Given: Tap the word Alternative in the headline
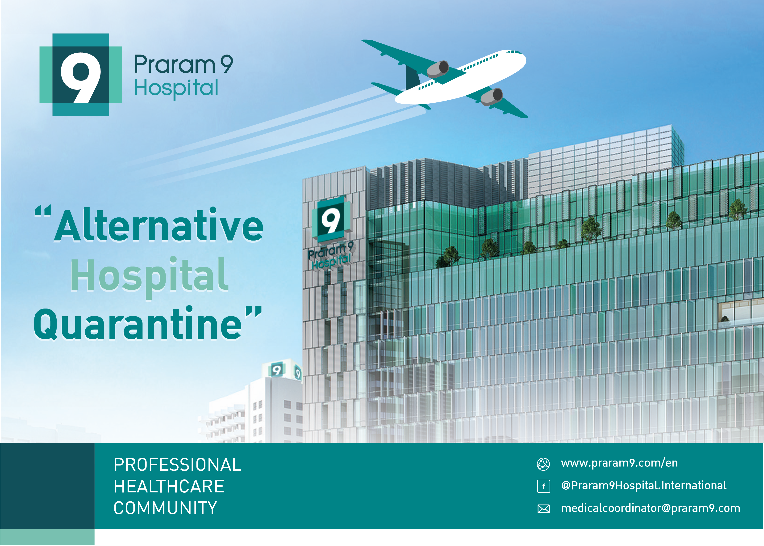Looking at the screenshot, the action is [x=159, y=225].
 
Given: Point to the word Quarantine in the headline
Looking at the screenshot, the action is [x=138, y=323].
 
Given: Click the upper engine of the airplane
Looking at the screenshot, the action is [x=438, y=69].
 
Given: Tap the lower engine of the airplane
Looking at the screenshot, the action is [x=492, y=97].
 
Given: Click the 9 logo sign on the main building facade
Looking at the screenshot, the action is [x=331, y=219].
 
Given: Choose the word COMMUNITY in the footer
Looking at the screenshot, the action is [x=165, y=508].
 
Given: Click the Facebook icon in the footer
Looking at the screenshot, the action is [x=544, y=486].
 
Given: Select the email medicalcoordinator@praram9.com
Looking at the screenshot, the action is [x=651, y=508].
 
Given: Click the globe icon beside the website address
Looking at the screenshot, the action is [x=543, y=464].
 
